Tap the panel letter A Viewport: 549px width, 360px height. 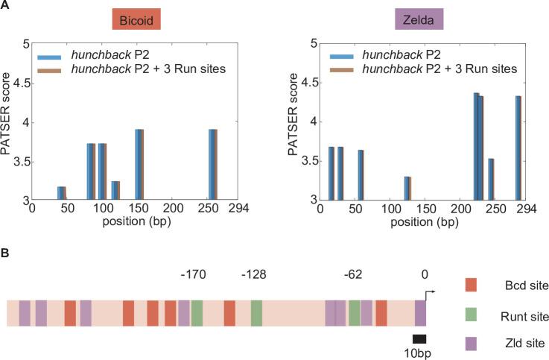pos(5,6)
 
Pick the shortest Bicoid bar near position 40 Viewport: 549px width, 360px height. pos(62,194)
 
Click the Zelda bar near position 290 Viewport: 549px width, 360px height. pos(518,148)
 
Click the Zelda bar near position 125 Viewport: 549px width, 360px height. pos(407,189)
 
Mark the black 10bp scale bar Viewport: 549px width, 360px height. pos(419,338)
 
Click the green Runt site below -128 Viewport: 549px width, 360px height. pos(256,313)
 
